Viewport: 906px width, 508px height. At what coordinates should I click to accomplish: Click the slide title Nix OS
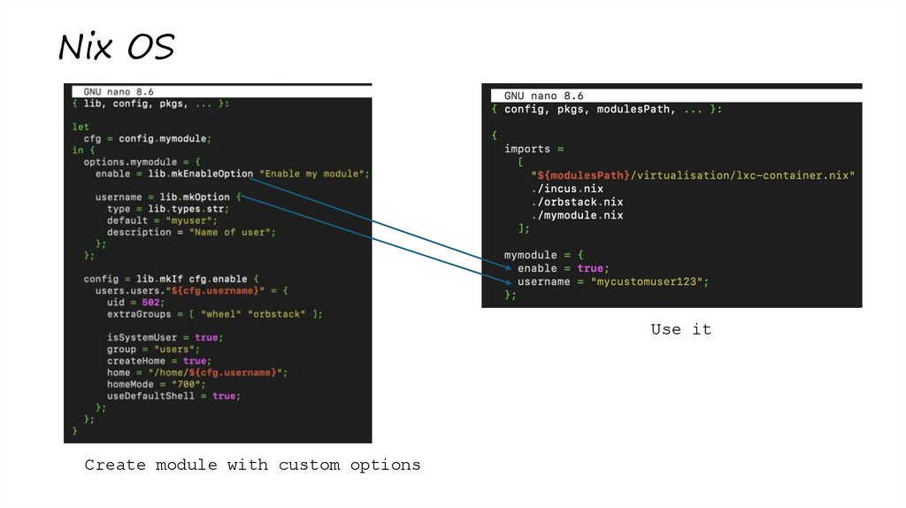(x=116, y=47)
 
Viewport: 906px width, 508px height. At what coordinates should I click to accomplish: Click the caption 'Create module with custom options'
(x=252, y=465)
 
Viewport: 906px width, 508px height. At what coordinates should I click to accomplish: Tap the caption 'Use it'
(x=680, y=329)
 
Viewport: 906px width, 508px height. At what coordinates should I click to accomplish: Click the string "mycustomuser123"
(x=649, y=281)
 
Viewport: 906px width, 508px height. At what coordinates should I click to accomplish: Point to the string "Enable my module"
(x=314, y=173)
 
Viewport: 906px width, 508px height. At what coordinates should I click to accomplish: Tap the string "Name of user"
(x=233, y=232)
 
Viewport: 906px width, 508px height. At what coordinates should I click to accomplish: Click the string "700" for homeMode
(x=184, y=384)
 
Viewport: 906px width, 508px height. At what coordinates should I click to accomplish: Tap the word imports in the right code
(x=527, y=149)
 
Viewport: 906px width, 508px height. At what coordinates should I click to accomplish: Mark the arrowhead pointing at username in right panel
(x=507, y=283)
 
